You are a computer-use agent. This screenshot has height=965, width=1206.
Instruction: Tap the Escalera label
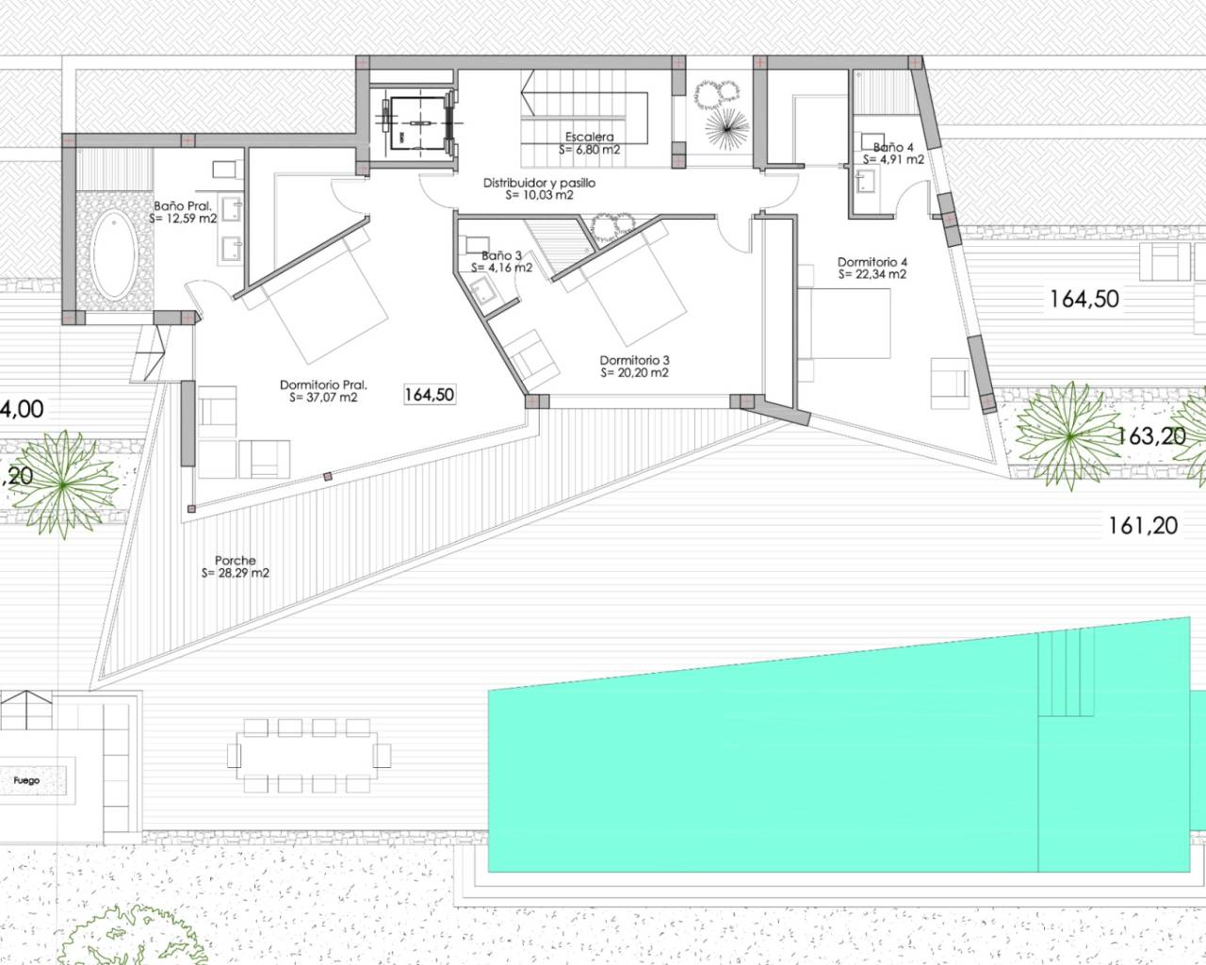(590, 138)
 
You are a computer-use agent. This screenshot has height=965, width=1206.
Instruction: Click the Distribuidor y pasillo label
(539, 183)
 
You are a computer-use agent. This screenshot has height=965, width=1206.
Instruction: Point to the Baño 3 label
(501, 255)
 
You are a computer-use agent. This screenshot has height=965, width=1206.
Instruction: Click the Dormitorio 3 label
(634, 360)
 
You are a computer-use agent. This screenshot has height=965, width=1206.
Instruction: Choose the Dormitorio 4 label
(872, 262)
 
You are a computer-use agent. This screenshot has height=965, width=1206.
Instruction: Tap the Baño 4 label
(892, 147)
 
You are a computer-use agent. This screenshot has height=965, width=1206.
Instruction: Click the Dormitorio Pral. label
(323, 384)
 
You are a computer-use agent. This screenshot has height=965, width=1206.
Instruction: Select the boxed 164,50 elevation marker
(430, 395)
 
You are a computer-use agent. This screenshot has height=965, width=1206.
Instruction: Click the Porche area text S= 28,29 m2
(235, 573)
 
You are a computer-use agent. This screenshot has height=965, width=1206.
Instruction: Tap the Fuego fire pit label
(26, 780)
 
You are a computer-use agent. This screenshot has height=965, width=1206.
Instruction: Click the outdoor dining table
(308, 755)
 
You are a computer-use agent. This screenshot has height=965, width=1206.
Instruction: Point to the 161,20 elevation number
(1142, 526)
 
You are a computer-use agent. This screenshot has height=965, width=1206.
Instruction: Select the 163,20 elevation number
(1149, 436)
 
